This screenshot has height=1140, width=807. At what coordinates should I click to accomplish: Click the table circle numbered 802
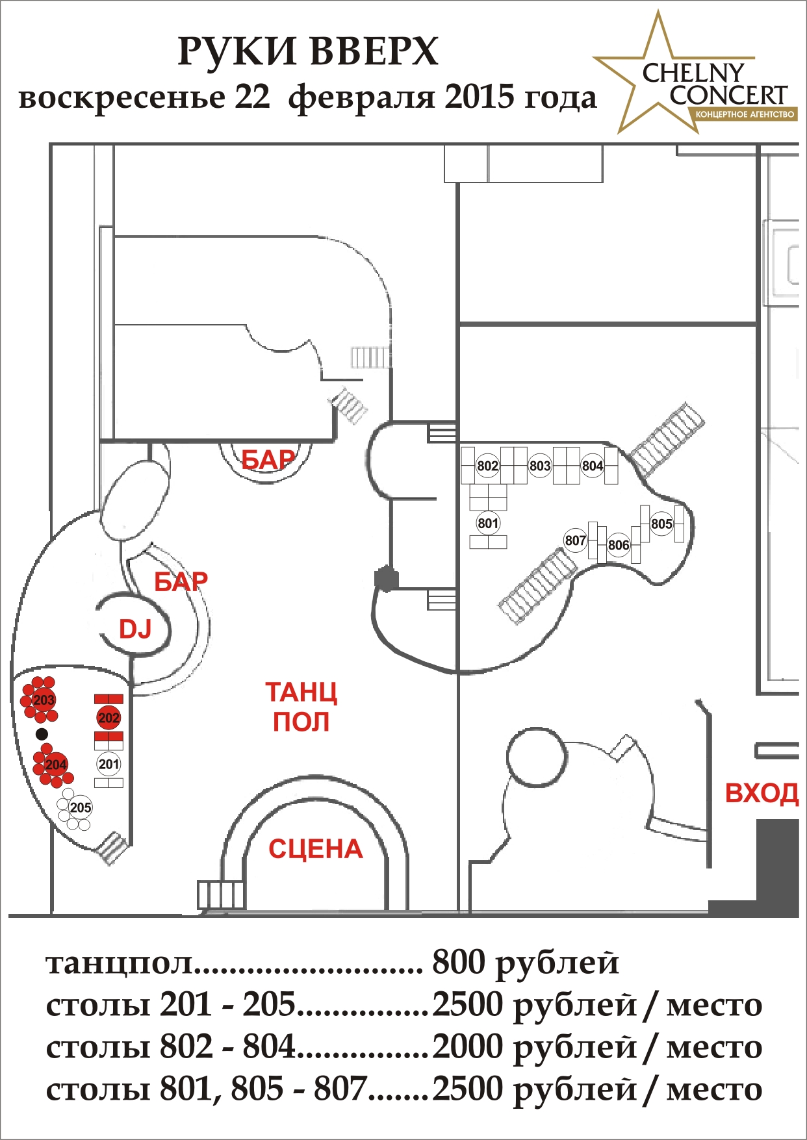point(487,466)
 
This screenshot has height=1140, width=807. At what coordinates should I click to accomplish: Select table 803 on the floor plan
point(540,466)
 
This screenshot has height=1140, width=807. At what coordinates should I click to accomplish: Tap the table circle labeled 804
point(592,466)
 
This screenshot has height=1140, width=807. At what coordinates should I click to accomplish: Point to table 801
point(487,524)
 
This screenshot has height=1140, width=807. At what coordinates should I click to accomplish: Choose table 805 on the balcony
point(661,524)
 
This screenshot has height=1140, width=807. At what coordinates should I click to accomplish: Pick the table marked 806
point(619,545)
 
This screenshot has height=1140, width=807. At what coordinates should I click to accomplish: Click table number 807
point(575,540)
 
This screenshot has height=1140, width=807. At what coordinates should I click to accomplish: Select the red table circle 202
point(109,718)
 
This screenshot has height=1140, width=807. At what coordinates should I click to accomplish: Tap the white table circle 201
point(109,764)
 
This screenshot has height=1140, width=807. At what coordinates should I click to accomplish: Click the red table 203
point(44,700)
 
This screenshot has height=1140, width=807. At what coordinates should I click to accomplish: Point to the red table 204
point(56,765)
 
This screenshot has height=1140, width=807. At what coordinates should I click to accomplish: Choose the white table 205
point(81,807)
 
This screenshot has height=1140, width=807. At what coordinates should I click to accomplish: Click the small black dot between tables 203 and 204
point(42,734)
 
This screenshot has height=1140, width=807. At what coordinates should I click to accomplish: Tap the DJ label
point(135,629)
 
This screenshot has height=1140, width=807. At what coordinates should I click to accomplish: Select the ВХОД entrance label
point(762,793)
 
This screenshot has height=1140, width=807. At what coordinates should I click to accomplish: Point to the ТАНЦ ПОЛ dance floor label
point(301,707)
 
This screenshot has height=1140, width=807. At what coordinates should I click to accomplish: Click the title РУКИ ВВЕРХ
point(308,52)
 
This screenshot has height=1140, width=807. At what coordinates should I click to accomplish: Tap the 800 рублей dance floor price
point(525,963)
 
